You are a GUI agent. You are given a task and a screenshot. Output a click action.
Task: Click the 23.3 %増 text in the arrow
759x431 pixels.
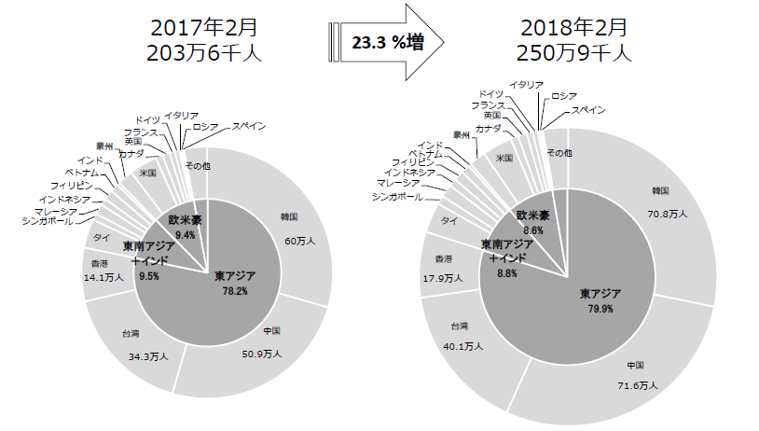(385, 42)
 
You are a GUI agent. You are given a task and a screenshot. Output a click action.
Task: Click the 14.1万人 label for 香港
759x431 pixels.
(103, 277)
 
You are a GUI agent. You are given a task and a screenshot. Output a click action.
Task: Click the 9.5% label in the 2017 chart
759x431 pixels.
(149, 277)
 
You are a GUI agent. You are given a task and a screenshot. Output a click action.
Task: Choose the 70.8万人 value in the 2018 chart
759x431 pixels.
(668, 214)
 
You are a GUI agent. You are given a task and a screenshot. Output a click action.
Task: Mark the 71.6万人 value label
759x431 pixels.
(638, 385)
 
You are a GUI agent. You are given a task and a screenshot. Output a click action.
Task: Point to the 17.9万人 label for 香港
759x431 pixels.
(443, 278)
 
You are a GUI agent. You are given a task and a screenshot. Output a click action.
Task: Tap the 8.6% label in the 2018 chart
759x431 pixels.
(533, 229)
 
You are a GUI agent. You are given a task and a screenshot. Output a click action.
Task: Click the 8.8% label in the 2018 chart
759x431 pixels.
(506, 274)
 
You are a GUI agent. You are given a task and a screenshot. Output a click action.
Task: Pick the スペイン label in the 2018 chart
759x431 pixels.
(587, 110)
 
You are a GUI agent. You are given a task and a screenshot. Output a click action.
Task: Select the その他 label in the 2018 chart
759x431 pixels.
(559, 152)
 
